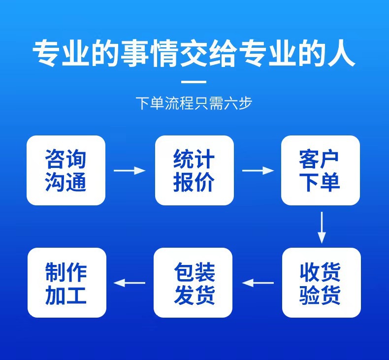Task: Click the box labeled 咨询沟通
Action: click(66, 170)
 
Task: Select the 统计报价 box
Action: click(194, 170)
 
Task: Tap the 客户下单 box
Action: click(320, 170)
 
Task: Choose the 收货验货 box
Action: click(321, 283)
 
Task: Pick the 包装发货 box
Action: click(193, 283)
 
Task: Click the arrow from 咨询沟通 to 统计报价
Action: click(130, 171)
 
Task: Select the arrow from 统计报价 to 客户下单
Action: click(258, 171)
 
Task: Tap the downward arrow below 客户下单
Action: click(322, 227)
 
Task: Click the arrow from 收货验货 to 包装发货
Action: click(258, 283)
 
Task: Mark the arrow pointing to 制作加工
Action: click(130, 283)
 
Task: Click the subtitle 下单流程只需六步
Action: click(194, 104)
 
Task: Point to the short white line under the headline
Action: click(194, 82)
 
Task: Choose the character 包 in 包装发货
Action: click(183, 271)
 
